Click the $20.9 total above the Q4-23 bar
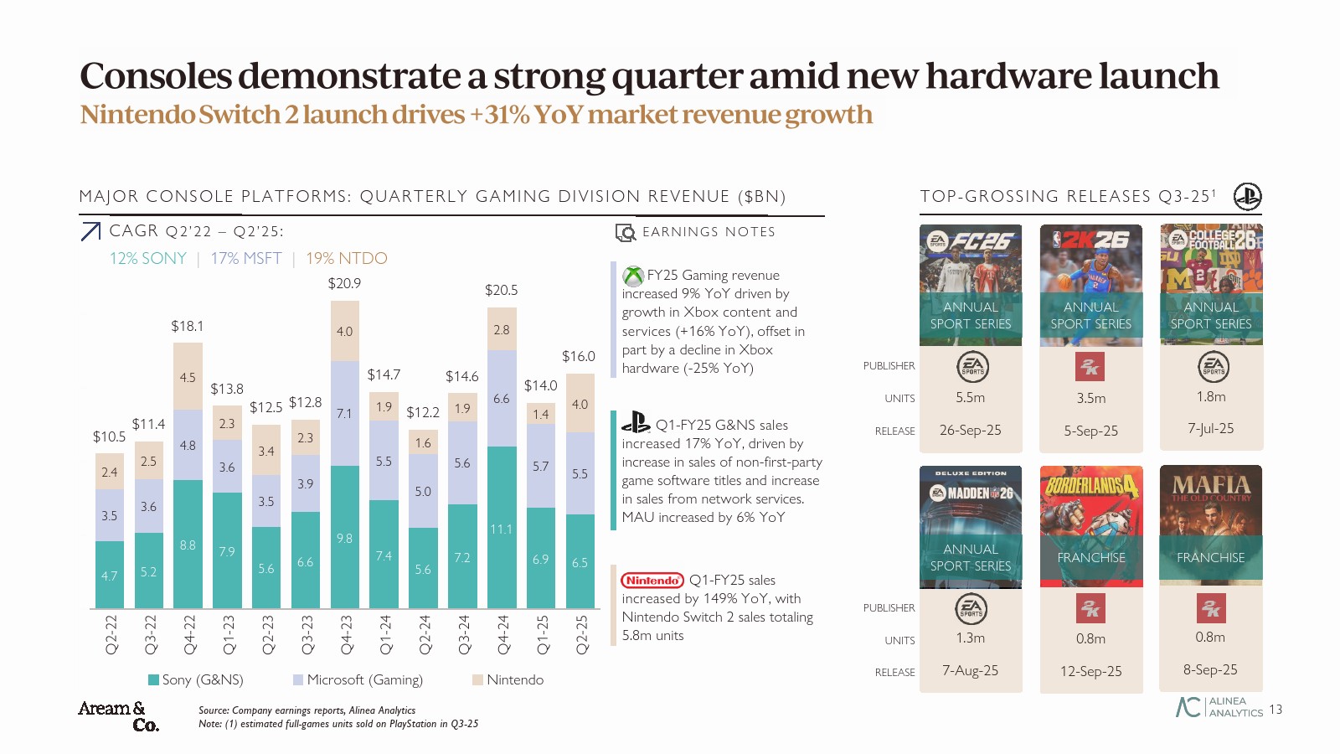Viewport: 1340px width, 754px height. click(344, 283)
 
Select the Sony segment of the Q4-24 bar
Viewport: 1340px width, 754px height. click(501, 527)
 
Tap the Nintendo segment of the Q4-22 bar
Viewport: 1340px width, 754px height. click(188, 376)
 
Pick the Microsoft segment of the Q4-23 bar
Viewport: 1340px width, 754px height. click(344, 413)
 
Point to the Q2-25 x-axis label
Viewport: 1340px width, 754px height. click(580, 634)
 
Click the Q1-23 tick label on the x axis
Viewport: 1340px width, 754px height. click(227, 634)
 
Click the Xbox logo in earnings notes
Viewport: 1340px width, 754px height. click(633, 275)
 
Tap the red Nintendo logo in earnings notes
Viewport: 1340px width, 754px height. click(652, 580)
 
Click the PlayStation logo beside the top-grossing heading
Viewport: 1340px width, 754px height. click(1248, 196)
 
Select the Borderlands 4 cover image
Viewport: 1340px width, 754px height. click(1091, 525)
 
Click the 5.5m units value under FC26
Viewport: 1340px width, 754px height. click(971, 397)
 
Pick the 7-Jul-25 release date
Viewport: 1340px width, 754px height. click(1211, 428)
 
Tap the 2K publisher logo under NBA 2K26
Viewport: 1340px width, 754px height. click(1090, 366)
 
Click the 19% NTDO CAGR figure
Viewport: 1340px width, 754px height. click(347, 258)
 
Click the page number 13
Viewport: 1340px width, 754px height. click(1276, 710)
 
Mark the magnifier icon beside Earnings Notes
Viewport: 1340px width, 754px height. click(626, 232)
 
